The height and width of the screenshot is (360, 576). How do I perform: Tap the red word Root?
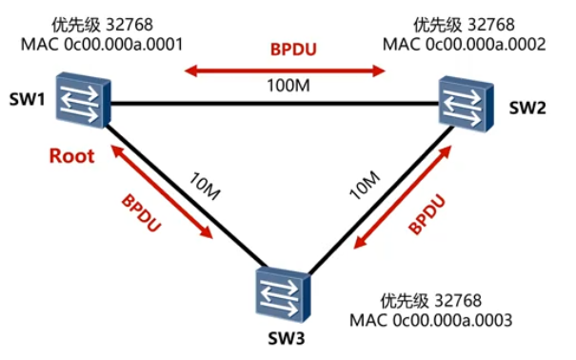click(72, 156)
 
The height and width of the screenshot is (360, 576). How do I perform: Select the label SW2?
click(526, 109)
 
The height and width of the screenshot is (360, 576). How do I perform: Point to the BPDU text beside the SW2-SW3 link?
click(427, 215)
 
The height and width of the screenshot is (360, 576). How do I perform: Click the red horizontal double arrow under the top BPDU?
click(285, 70)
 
